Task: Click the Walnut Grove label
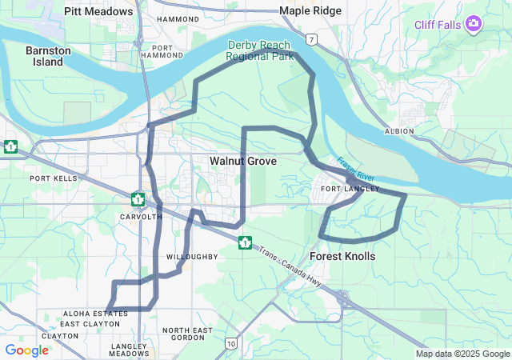pos(243,162)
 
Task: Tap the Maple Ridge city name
pos(310,11)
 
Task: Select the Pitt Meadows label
pos(98,11)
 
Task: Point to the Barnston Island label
pos(48,56)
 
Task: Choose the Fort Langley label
pos(342,189)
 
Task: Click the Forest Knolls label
pos(342,256)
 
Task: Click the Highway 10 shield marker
pos(230,343)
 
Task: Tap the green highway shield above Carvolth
pos(138,198)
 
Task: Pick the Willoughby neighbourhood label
pos(192,257)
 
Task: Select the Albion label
pos(398,130)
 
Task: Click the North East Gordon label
pos(187,334)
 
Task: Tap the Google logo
pos(26,350)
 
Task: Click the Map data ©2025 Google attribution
pos(462,354)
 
